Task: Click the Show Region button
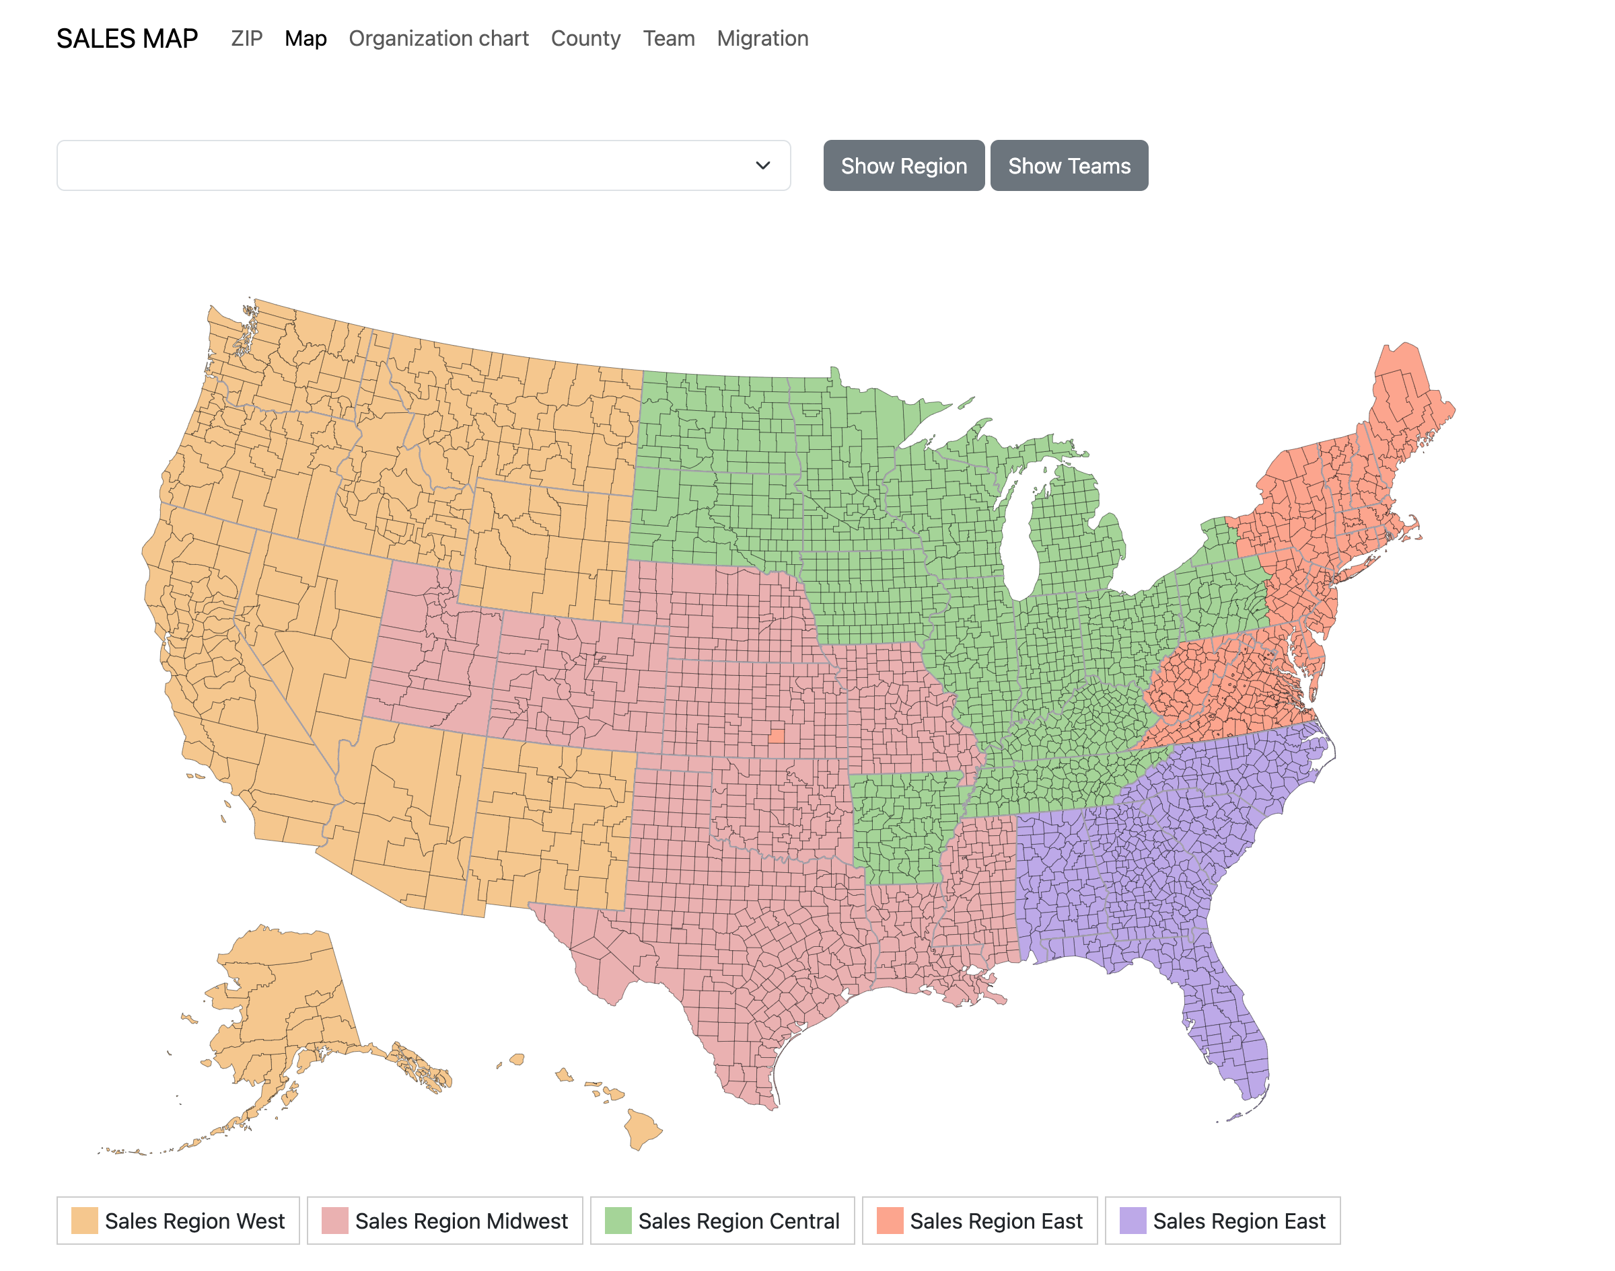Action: point(902,165)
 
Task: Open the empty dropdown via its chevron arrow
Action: point(762,165)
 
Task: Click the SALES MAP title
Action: point(127,39)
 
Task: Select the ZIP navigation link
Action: point(246,39)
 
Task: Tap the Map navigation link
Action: point(306,39)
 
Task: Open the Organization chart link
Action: point(438,39)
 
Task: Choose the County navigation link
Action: point(585,39)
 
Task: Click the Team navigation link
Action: point(668,39)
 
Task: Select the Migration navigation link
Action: point(762,39)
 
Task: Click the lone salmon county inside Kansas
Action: point(775,735)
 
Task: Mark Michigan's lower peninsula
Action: point(1072,536)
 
